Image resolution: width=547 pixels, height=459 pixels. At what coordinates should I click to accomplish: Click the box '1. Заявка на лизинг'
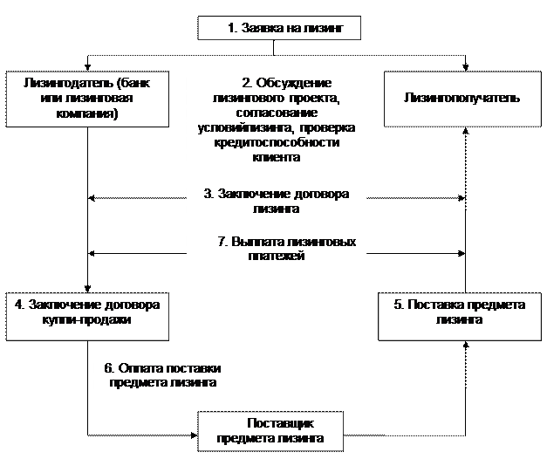279,28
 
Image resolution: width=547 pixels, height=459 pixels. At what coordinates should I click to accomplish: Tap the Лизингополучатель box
462,99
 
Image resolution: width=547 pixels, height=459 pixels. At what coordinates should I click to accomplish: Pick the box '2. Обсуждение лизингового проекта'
276,120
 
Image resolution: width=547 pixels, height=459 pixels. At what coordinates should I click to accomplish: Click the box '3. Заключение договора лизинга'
276,202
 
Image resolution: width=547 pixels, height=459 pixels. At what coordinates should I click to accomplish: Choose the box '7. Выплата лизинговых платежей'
276,249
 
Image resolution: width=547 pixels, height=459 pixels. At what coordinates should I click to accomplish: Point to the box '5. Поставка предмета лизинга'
459,314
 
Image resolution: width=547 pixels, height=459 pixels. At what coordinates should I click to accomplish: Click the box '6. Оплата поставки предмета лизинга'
163,373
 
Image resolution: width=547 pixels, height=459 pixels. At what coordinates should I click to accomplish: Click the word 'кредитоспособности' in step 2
276,145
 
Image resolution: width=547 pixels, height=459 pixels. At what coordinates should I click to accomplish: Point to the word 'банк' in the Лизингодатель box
132,83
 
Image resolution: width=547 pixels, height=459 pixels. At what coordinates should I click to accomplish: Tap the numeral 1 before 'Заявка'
231,28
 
